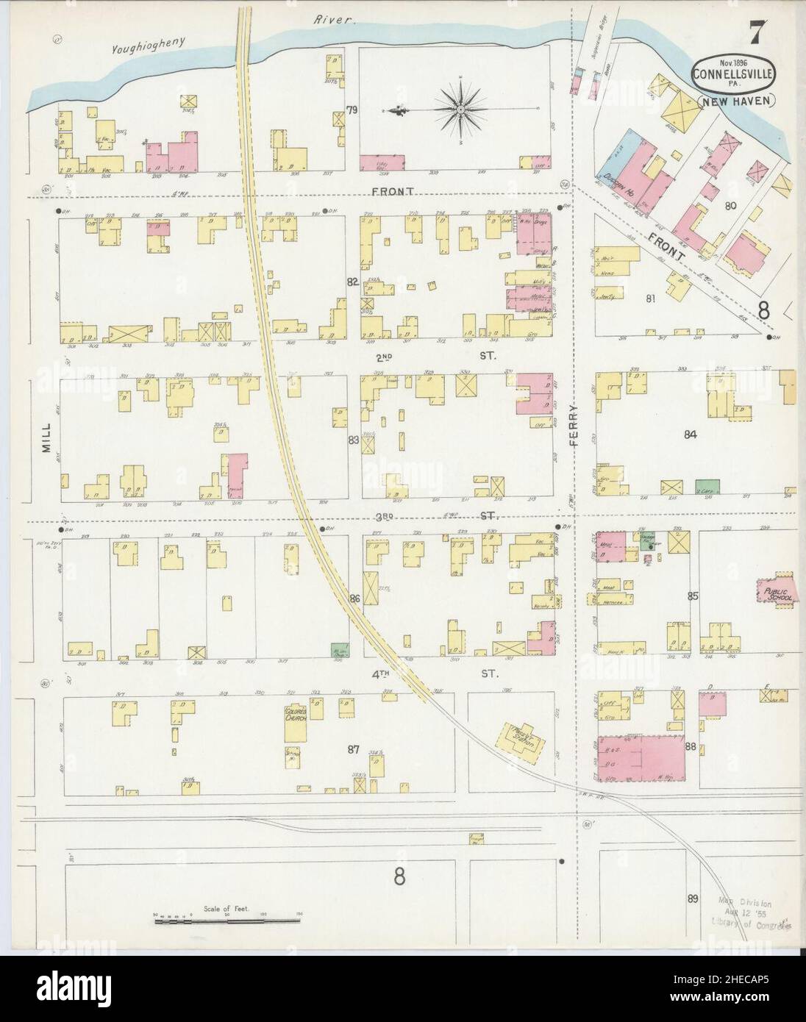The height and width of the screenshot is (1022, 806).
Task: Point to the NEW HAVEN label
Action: pyautogui.click(x=735, y=102)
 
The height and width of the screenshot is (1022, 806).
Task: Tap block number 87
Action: pyautogui.click(x=354, y=749)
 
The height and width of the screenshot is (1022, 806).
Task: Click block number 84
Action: pyautogui.click(x=690, y=435)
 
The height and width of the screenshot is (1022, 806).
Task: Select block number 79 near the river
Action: pyautogui.click(x=352, y=110)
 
